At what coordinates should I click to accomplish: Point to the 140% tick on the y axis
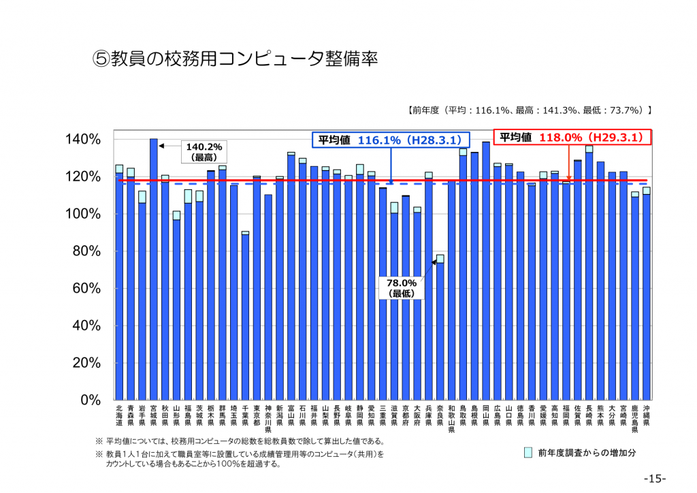point(84,140)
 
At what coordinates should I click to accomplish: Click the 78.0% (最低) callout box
point(402,288)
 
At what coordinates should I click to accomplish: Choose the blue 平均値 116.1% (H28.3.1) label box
point(391,140)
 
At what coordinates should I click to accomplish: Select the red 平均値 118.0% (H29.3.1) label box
point(572,137)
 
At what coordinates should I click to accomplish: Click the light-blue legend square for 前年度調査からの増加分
point(528,452)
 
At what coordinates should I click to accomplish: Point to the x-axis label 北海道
point(119,415)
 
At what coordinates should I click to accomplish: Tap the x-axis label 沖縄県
point(647,415)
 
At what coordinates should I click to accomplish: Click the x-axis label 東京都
point(257,415)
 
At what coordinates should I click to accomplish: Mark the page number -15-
point(654,478)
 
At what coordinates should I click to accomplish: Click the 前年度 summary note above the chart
point(530,109)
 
